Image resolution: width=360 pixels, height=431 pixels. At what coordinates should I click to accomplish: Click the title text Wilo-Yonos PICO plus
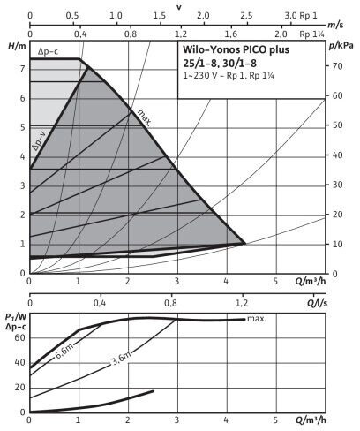pyautogui.click(x=236, y=50)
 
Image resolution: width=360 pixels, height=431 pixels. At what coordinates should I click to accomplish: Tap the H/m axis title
pyautogui.click(x=17, y=46)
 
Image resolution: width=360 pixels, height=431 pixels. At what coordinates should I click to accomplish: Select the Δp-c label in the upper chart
pyautogui.click(x=48, y=52)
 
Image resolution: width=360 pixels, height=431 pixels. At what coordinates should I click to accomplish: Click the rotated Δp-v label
pyautogui.click(x=39, y=140)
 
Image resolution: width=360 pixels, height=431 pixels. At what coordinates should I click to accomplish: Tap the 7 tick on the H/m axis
pyautogui.click(x=22, y=69)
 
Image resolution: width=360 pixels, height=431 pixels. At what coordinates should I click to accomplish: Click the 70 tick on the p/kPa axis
pyautogui.click(x=338, y=66)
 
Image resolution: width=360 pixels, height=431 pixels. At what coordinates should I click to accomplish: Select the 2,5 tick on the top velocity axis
pyautogui.click(x=246, y=16)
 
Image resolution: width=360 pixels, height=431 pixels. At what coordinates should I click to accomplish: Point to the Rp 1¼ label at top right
pyautogui.click(x=311, y=34)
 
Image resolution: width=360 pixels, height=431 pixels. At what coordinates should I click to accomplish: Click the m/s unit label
pyautogui.click(x=335, y=25)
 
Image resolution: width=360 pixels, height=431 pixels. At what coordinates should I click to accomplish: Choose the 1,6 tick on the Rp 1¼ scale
pyautogui.click(x=231, y=34)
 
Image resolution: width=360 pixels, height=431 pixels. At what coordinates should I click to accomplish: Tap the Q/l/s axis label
pyautogui.click(x=317, y=303)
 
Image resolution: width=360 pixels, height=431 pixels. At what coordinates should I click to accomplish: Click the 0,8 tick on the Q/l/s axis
pyautogui.click(x=171, y=303)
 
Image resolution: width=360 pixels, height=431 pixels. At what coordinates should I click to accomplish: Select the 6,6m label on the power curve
pyautogui.click(x=64, y=352)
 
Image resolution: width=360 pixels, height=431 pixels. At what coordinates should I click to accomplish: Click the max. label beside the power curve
pyautogui.click(x=257, y=319)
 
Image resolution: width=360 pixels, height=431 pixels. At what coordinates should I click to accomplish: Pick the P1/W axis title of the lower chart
pyautogui.click(x=16, y=317)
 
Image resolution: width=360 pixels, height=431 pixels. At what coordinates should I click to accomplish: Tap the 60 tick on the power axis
pyautogui.click(x=20, y=337)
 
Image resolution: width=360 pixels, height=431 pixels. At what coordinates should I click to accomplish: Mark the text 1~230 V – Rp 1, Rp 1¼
pyautogui.click(x=229, y=76)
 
